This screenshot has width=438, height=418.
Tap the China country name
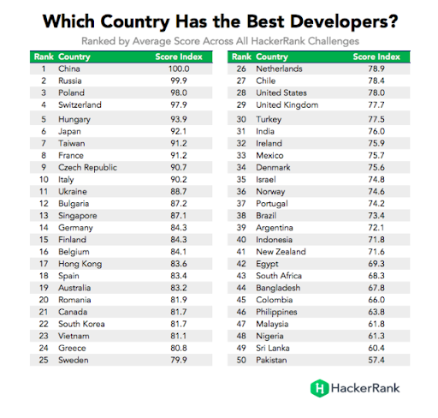(x=68, y=67)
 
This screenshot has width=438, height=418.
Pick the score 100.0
(x=178, y=67)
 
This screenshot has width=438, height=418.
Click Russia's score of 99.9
(x=178, y=80)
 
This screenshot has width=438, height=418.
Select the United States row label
(x=281, y=92)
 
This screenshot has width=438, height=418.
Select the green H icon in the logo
(x=319, y=388)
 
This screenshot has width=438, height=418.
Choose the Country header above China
(x=72, y=56)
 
